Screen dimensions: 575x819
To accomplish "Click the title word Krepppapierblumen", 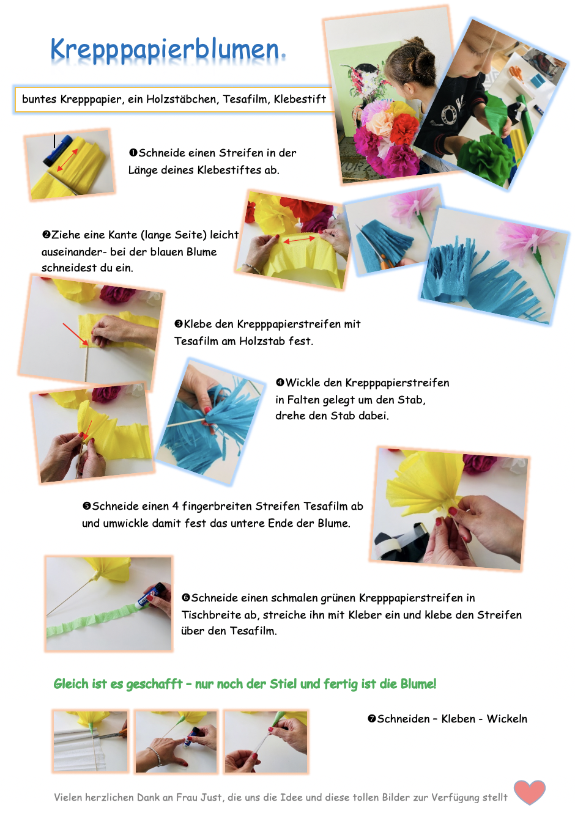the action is [165, 50].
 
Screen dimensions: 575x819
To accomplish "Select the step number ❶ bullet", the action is [133, 152].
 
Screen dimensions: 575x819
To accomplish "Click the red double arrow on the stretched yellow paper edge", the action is [299, 240].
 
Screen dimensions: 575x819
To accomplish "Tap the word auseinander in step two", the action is [72, 252].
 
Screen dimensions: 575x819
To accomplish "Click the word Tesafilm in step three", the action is [196, 341].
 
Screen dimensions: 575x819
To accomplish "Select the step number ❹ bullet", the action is [280, 383].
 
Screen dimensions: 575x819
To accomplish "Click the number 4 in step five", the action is [176, 506].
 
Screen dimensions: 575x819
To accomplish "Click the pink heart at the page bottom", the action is [529, 791].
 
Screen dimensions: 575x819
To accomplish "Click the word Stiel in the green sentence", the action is [283, 684].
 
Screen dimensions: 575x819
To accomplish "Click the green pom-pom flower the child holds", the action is [486, 158].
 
